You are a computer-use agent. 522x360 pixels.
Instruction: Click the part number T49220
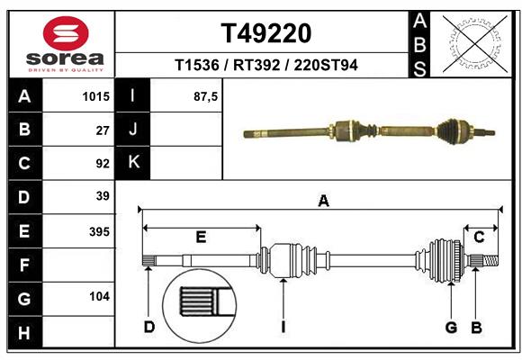pos(266,33)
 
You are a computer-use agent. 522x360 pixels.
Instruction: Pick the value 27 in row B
pos(102,130)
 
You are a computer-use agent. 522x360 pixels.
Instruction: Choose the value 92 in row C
pos(102,164)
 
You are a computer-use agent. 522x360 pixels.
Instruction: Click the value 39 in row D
pos(102,196)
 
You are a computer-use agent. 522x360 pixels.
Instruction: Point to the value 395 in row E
pos(97,231)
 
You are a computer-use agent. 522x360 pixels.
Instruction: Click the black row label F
pos(24,265)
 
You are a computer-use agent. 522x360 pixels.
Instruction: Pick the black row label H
pos(24,334)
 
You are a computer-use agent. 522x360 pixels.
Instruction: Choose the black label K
pos(133,163)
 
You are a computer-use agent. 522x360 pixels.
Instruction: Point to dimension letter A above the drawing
pos(323,202)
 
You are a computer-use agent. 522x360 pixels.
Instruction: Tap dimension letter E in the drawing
pos(201,238)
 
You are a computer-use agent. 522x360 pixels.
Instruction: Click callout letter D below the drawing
pos(149,327)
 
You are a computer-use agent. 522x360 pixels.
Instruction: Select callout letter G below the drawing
pos(451,327)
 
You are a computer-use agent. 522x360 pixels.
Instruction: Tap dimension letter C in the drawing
pos(479,237)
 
